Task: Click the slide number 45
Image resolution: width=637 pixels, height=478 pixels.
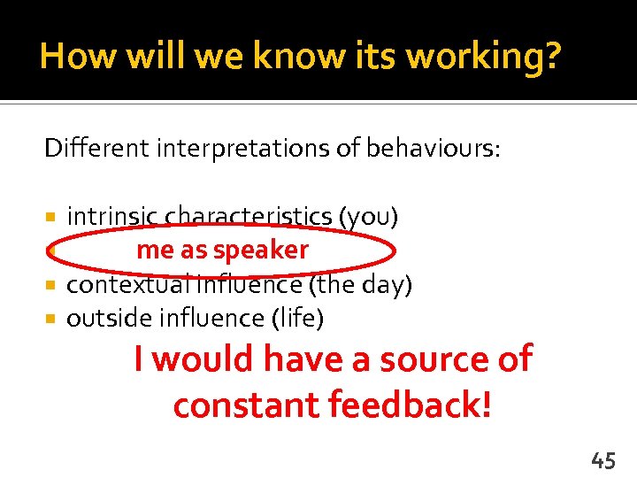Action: tap(603, 459)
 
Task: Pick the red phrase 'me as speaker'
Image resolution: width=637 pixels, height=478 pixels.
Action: tap(222, 251)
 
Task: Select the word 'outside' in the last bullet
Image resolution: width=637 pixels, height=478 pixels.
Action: tap(103, 319)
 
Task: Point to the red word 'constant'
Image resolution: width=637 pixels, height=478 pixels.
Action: tap(246, 405)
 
